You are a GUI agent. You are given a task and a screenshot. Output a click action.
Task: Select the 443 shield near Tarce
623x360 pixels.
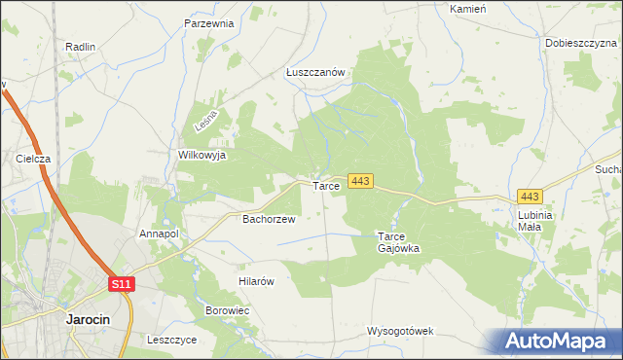click(360, 181)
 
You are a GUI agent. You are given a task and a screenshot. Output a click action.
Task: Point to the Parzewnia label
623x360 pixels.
click(209, 23)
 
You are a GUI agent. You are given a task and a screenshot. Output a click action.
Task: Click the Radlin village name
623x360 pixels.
click(80, 47)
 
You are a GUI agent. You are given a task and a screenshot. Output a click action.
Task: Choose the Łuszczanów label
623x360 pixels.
click(316, 72)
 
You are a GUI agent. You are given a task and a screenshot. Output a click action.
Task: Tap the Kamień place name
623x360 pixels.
click(468, 8)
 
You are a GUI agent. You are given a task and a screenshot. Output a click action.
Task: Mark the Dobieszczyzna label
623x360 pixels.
click(581, 43)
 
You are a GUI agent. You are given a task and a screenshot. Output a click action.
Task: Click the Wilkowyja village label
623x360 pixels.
click(202, 155)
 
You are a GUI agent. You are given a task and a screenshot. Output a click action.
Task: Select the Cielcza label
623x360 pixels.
click(33, 158)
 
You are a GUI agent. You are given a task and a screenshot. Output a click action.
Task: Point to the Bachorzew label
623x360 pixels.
click(268, 219)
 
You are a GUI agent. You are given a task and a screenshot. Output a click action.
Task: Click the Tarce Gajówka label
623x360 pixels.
click(398, 242)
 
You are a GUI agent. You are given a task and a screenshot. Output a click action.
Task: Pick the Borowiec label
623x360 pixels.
click(228, 310)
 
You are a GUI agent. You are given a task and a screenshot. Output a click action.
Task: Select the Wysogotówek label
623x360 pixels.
click(400, 331)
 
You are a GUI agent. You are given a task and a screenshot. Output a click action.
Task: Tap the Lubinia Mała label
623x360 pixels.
click(535, 220)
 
